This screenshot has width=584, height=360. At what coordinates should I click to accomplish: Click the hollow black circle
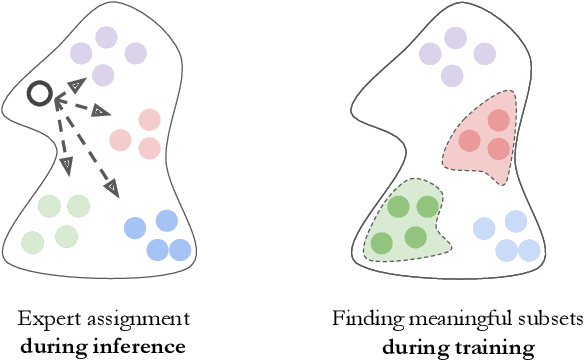click(x=39, y=95)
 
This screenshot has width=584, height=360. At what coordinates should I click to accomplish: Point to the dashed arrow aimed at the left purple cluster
click(x=66, y=88)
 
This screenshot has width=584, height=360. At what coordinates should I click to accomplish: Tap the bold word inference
click(x=145, y=347)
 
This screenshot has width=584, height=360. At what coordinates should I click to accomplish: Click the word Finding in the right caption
click(x=362, y=319)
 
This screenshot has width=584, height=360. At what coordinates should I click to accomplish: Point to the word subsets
click(x=552, y=319)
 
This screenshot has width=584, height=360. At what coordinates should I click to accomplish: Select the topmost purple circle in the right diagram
click(x=456, y=39)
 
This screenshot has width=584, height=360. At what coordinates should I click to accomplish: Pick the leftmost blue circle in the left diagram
click(x=134, y=228)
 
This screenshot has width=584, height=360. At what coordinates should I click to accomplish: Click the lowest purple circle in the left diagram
click(x=102, y=73)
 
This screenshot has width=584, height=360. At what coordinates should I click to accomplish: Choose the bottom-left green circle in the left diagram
click(x=33, y=242)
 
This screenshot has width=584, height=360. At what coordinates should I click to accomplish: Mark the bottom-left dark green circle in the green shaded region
click(x=382, y=243)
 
